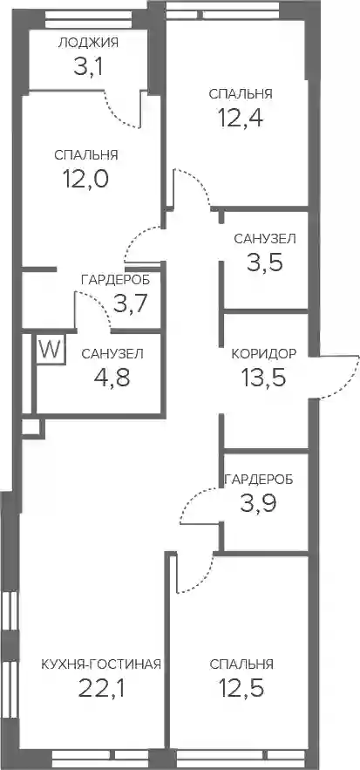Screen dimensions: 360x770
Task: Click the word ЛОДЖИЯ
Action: click(x=88, y=43)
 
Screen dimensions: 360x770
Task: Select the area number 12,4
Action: click(x=241, y=117)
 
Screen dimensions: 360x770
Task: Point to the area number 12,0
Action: click(x=85, y=179)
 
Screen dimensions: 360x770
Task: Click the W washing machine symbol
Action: click(x=51, y=350)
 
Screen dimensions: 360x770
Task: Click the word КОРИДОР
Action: click(x=264, y=354)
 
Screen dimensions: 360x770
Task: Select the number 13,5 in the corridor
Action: click(x=263, y=378)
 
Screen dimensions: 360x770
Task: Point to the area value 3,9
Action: click(x=258, y=503)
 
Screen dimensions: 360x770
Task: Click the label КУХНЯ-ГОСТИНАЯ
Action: click(x=101, y=664)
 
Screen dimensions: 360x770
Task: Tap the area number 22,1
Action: click(x=102, y=689)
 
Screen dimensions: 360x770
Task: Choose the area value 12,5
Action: click(x=241, y=689)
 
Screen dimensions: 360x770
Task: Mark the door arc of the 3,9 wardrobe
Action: click(x=189, y=496)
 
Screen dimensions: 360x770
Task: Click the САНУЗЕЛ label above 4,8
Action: click(x=112, y=353)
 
